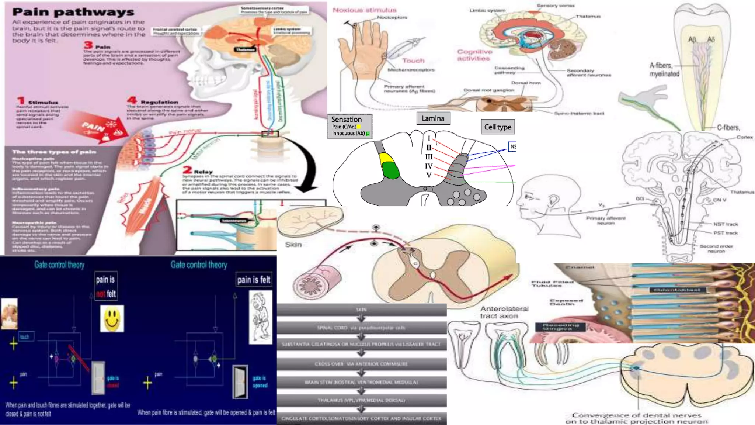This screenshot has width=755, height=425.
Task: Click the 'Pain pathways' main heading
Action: [x=73, y=12]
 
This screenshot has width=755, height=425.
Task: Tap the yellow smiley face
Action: [x=112, y=318]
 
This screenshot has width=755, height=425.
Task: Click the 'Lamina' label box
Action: [x=433, y=118]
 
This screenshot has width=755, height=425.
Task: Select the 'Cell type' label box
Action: [x=497, y=127]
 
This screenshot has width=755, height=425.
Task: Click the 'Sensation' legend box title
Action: [x=346, y=119]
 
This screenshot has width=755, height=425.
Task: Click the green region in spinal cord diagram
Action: [x=391, y=170]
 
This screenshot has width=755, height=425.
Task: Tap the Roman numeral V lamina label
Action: [x=429, y=175]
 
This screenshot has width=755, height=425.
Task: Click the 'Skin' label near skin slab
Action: [x=293, y=245]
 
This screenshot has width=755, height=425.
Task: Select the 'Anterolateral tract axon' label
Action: [x=504, y=312]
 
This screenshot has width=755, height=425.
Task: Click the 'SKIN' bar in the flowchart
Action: [x=361, y=310]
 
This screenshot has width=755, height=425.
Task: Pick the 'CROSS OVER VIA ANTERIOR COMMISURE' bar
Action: [x=361, y=364]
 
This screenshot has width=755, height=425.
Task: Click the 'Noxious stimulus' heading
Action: [x=364, y=10]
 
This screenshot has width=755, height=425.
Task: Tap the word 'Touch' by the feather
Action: [x=413, y=61]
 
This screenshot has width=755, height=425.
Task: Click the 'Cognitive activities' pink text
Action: [x=474, y=55]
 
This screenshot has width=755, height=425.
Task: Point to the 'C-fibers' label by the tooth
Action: [x=728, y=128]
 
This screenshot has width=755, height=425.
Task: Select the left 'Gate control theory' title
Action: [x=59, y=265]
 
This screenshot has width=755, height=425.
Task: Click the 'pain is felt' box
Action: [x=254, y=280]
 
